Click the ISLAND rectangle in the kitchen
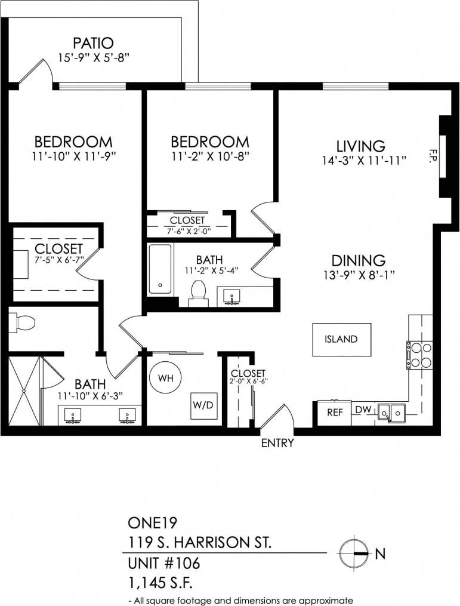point(341,339)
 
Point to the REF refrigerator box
point(329,412)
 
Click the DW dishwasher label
point(363,410)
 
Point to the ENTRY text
point(277,443)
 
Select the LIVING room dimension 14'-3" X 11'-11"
point(363,160)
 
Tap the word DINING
point(358,260)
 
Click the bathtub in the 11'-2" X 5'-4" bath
point(160,269)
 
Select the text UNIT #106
point(163,563)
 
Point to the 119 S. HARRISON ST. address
point(199,543)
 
